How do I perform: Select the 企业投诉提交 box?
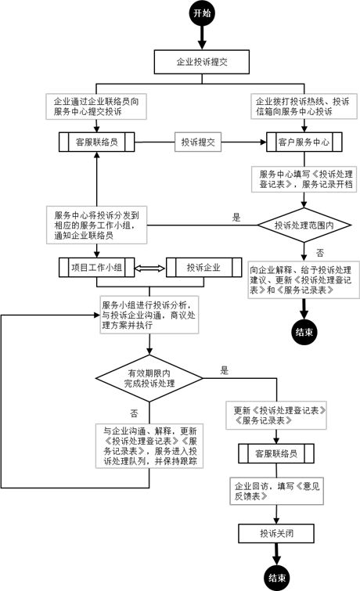tap(202, 60)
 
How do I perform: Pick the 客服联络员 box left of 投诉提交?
tap(95, 142)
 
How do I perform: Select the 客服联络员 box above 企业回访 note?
tap(276, 453)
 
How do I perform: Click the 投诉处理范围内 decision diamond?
tap(302, 224)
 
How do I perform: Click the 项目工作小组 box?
tap(95, 268)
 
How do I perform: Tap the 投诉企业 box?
tap(203, 268)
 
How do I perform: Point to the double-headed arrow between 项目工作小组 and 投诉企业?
tap(149, 268)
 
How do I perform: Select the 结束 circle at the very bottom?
tap(276, 578)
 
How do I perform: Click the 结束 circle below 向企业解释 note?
tap(304, 332)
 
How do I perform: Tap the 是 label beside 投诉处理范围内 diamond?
tap(235, 217)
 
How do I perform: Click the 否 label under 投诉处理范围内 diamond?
tap(319, 253)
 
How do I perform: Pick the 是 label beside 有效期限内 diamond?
tap(224, 369)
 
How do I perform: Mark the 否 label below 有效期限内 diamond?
tap(134, 413)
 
